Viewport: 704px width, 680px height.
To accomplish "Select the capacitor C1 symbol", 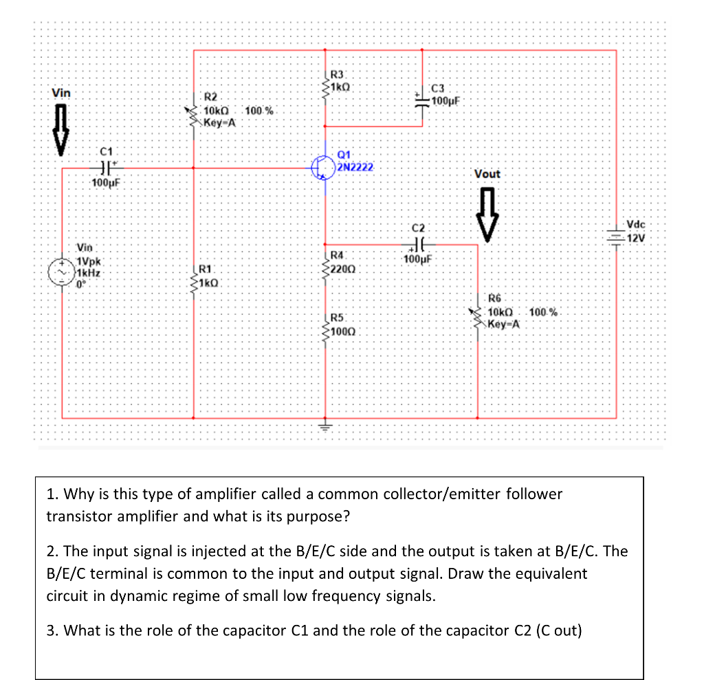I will [x=104, y=166].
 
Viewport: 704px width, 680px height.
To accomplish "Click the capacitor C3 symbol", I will [x=421, y=98].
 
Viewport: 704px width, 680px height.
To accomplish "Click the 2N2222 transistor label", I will [x=355, y=167].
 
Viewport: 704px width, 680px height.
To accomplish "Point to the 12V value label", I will [x=637, y=239].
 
